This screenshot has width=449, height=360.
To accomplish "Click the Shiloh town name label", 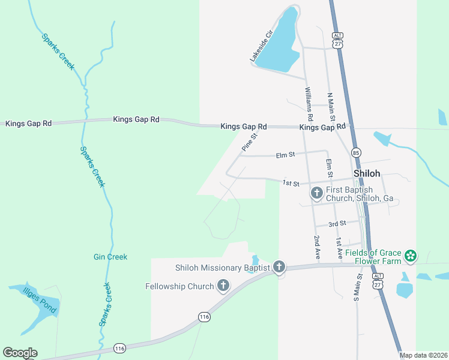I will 366,173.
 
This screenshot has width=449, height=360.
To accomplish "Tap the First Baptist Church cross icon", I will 317,193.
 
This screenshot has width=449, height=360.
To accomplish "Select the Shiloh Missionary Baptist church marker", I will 279,268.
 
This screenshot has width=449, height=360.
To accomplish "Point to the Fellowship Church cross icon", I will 223,286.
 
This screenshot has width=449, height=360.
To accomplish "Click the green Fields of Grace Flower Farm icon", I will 411,256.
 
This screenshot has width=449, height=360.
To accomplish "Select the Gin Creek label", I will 110,257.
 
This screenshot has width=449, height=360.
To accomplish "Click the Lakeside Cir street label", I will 262,46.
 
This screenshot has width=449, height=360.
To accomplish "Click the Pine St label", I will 249,142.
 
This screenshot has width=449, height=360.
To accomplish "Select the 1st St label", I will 291,182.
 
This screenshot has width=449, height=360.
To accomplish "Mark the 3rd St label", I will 337,224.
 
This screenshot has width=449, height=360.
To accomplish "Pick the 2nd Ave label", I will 317,247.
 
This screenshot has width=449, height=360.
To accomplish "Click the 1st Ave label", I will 339,247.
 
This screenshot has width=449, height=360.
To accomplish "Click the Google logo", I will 20,353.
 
